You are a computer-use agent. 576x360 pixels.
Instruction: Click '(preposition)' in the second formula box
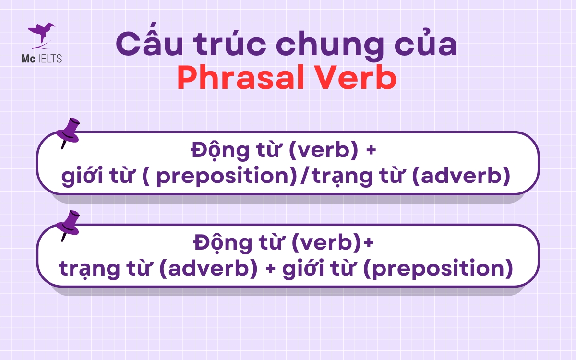(x=437, y=269)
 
